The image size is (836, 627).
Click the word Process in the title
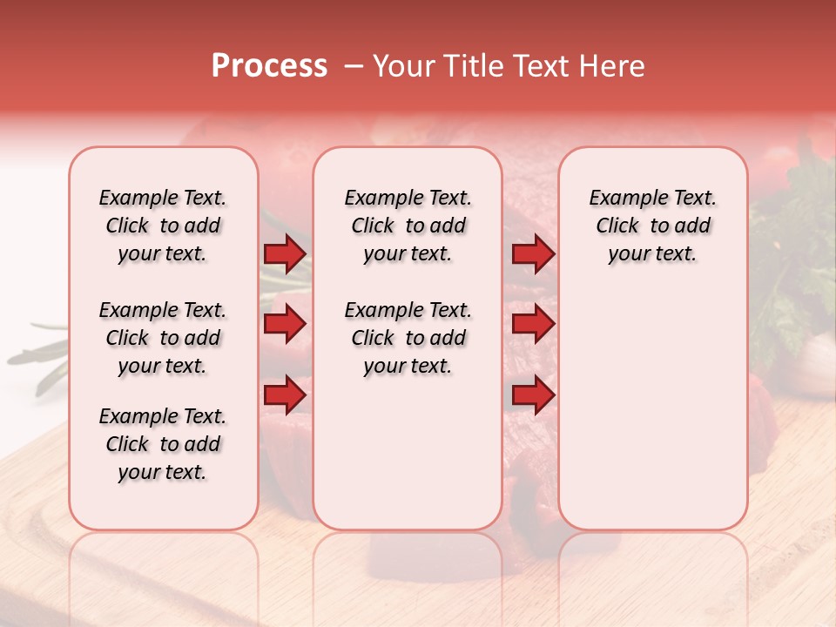pos(269,66)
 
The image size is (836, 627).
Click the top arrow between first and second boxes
pos(285,253)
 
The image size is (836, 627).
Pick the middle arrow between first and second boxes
pos(285,324)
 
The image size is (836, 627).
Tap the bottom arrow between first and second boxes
pos(285,395)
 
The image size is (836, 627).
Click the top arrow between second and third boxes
pos(533,253)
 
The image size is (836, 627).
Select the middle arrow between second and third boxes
pos(533,324)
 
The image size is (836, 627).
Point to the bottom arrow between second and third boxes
pos(533,395)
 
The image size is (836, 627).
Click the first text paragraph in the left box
pos(163,226)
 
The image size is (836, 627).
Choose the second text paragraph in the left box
pos(163,338)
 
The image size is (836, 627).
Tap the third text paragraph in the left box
pos(163,444)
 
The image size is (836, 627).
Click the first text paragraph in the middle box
pos(408,226)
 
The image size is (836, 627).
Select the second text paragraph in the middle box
pos(408,338)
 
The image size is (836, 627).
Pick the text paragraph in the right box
pos(652,226)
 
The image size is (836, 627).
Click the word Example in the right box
pos(622,198)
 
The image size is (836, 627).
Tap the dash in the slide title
pos(353,66)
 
